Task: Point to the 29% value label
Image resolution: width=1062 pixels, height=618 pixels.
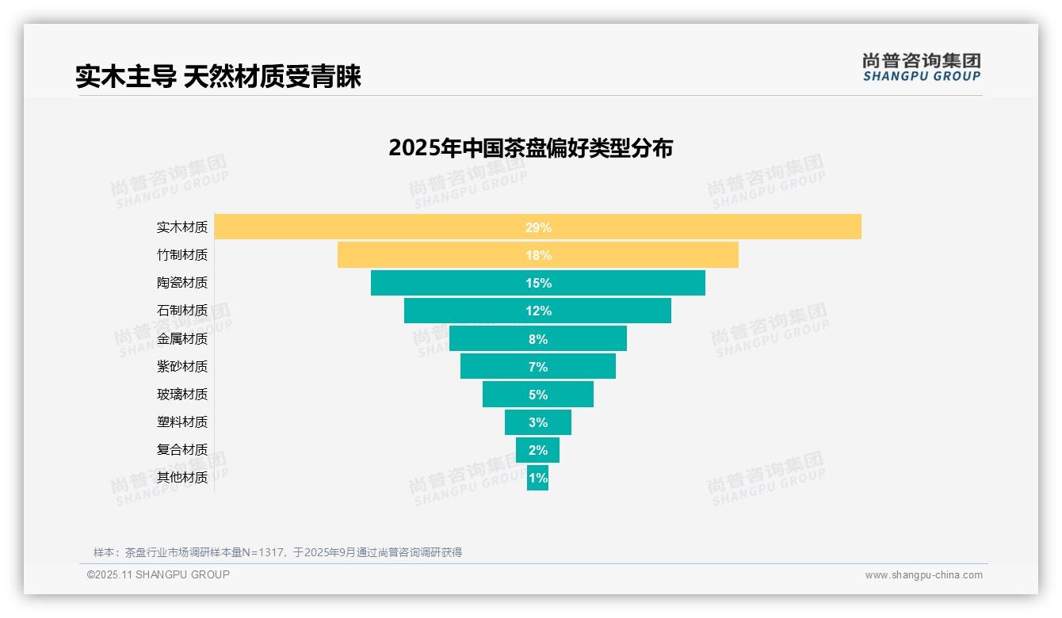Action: (x=538, y=227)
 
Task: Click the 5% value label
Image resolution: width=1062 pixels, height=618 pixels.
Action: (x=538, y=395)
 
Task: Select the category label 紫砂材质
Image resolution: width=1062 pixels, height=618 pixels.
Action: (x=182, y=367)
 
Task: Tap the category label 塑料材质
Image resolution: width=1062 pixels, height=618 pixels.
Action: (x=182, y=422)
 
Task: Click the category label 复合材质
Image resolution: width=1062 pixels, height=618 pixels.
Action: (x=182, y=450)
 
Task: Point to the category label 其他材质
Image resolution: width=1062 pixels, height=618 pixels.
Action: (x=182, y=478)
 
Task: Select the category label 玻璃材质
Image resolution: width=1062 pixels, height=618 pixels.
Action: (x=182, y=395)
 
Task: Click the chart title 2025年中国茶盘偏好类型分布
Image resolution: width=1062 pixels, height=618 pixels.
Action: (x=530, y=148)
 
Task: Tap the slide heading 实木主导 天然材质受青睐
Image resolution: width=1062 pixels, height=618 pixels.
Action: (x=218, y=77)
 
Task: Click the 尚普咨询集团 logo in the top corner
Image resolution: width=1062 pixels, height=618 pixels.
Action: (x=921, y=67)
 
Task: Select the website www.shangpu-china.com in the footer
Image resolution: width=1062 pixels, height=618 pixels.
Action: (x=923, y=575)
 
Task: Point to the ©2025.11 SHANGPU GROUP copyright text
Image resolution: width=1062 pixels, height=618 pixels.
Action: (x=159, y=575)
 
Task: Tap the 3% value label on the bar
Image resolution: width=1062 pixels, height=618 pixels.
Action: (x=538, y=422)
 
